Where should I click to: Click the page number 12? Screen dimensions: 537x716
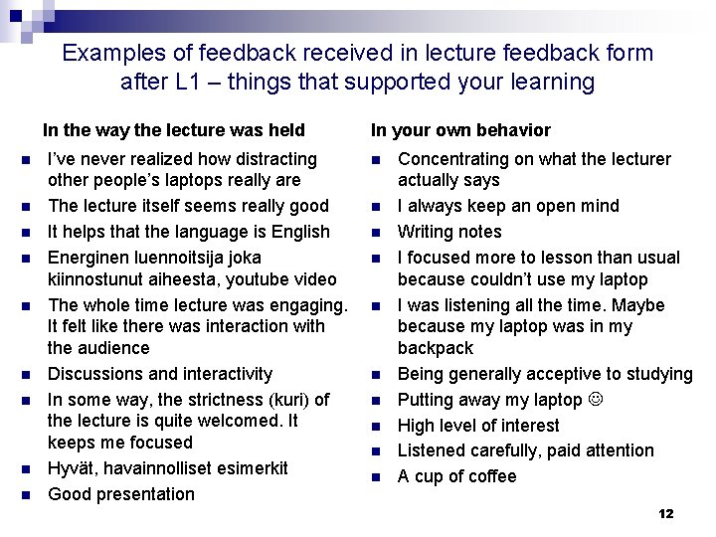666,513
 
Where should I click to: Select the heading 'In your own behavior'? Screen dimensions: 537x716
460,130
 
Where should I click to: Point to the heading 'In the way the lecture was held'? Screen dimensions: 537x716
173,130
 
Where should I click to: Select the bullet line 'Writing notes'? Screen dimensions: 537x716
449,232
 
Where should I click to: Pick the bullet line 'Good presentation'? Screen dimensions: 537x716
121,494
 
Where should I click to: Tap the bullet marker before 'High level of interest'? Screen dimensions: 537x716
376,427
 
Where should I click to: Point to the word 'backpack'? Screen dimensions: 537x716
436,348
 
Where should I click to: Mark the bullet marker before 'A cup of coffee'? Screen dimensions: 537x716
376,477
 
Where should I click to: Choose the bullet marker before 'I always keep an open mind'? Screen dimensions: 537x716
376,207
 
